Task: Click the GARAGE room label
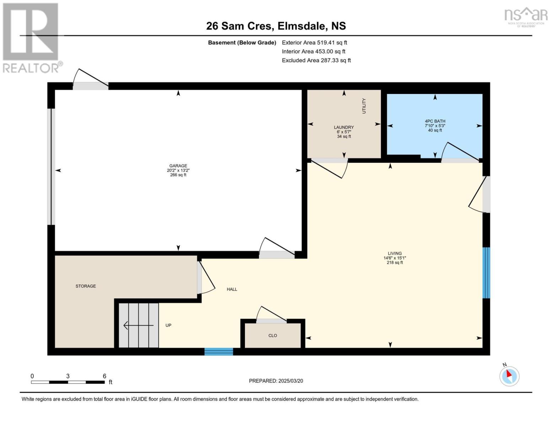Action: (178, 166)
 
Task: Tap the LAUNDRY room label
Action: (344, 127)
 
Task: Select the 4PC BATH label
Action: (435, 121)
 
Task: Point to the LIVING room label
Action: (395, 253)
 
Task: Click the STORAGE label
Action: (86, 286)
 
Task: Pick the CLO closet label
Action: (273, 336)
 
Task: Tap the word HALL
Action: (232, 289)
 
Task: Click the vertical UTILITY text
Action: (364, 106)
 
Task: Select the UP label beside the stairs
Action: (168, 325)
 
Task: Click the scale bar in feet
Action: (68, 382)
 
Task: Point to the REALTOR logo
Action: (31, 37)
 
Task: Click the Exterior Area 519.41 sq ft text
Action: (314, 42)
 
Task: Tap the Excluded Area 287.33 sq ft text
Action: (316, 60)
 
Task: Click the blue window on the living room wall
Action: (486, 273)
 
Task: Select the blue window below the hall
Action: (219, 352)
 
